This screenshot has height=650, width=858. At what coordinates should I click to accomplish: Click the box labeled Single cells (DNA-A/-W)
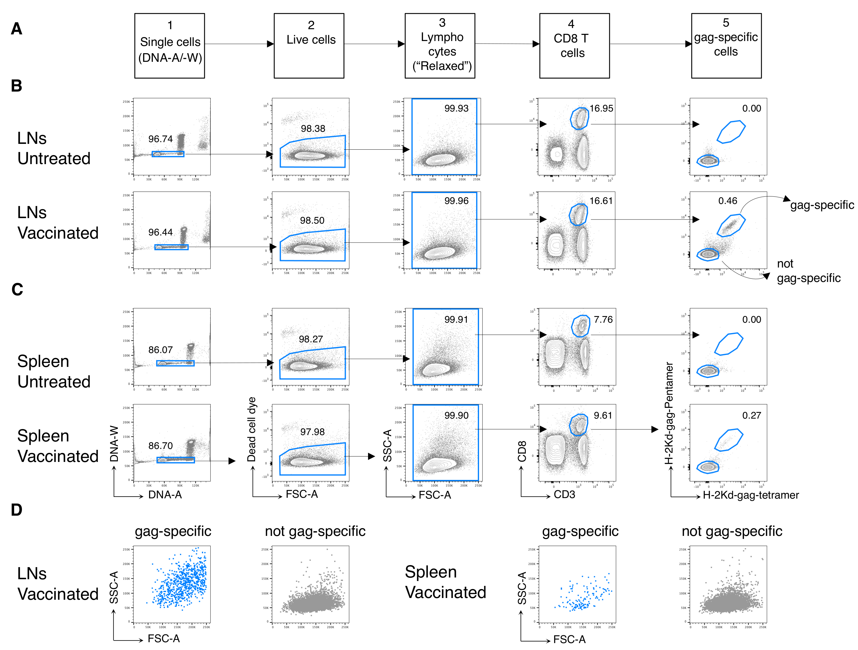[170, 46]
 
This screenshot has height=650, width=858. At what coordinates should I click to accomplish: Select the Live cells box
[309, 46]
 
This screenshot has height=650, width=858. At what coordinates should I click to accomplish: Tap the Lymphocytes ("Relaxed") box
[440, 46]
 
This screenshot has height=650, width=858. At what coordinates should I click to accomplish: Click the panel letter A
[16, 29]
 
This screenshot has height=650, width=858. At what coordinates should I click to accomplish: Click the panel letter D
[16, 510]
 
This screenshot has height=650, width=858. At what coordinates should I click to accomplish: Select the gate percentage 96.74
[160, 139]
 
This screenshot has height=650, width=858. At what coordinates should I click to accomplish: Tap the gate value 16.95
[601, 109]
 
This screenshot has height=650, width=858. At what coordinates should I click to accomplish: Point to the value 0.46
[727, 201]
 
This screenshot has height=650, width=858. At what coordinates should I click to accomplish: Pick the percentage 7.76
[603, 320]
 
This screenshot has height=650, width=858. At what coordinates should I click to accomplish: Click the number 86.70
[160, 446]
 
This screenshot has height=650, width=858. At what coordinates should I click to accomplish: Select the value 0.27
[751, 415]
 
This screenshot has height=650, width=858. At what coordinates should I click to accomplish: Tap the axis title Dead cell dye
[252, 429]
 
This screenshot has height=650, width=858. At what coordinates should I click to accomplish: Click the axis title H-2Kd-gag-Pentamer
[669, 413]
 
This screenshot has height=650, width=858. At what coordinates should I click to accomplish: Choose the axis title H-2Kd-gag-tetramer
[751, 495]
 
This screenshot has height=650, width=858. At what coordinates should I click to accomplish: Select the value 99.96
[456, 201]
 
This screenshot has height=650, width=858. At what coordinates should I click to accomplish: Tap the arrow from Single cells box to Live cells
[239, 44]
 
